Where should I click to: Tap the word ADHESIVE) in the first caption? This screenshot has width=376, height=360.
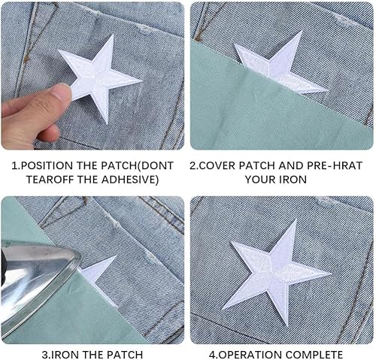(132, 180)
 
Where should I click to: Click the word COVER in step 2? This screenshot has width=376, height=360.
(217, 165)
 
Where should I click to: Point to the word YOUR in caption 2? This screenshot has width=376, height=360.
(261, 180)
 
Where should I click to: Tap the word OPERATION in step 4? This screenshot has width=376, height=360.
(250, 355)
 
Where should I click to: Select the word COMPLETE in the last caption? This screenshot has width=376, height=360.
(314, 355)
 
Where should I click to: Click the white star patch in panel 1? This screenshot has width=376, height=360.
(99, 77)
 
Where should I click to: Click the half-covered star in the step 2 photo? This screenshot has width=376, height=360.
(278, 65)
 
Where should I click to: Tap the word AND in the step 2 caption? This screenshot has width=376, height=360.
(291, 165)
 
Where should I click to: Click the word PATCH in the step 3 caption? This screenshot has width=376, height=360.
(124, 355)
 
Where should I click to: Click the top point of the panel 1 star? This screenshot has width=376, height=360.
(113, 35)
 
